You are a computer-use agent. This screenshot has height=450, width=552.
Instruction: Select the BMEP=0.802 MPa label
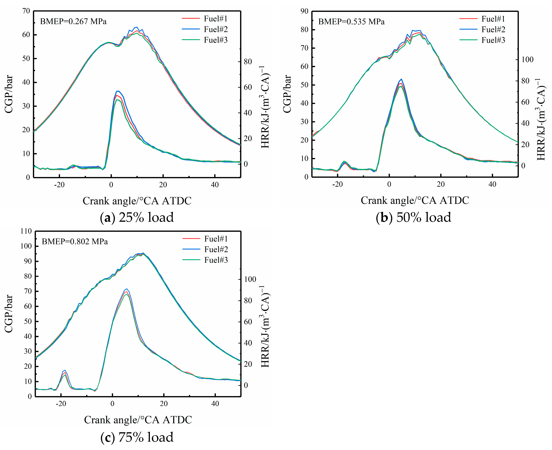click(x=75, y=242)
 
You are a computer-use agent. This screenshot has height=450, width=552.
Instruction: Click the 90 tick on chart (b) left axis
click(x=304, y=11)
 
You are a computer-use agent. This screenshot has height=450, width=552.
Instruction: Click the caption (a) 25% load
click(x=137, y=217)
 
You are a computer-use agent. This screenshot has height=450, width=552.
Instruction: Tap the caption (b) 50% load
click(x=413, y=217)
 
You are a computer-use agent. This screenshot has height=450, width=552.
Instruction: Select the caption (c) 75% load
click(x=137, y=437)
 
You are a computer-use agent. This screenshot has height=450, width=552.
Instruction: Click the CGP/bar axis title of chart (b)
click(x=287, y=94)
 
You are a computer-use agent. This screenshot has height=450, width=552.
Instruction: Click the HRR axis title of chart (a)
click(x=265, y=107)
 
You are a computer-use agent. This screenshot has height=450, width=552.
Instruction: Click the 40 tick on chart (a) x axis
click(x=214, y=185)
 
